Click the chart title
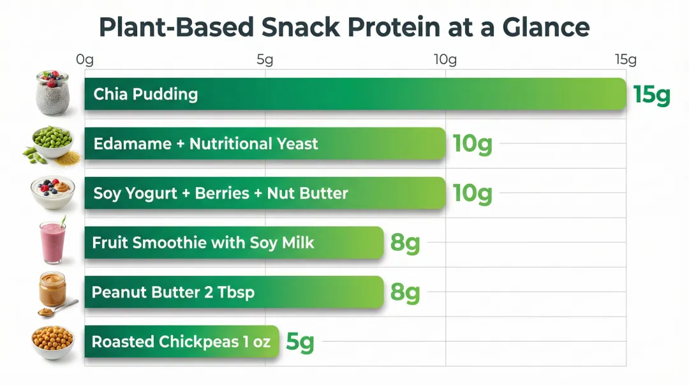coord(344,27)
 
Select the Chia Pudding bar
coord(355,94)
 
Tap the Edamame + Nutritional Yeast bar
coord(265,144)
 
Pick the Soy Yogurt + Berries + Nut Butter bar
coord(265,193)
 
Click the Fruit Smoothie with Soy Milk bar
coord(233,243)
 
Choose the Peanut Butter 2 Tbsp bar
coord(233,292)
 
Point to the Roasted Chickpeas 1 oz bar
coord(181,342)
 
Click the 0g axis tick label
coord(85,60)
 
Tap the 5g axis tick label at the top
coord(265,60)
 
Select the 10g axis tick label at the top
coord(445,60)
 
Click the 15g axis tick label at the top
coord(626,60)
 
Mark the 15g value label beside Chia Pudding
coord(652,94)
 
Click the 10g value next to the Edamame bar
coord(472,144)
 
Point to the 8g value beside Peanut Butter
coord(405,292)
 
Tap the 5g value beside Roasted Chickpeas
coord(300,342)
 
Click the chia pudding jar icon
coord(52,93)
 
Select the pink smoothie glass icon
coord(52,242)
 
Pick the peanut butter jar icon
coord(52,291)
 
